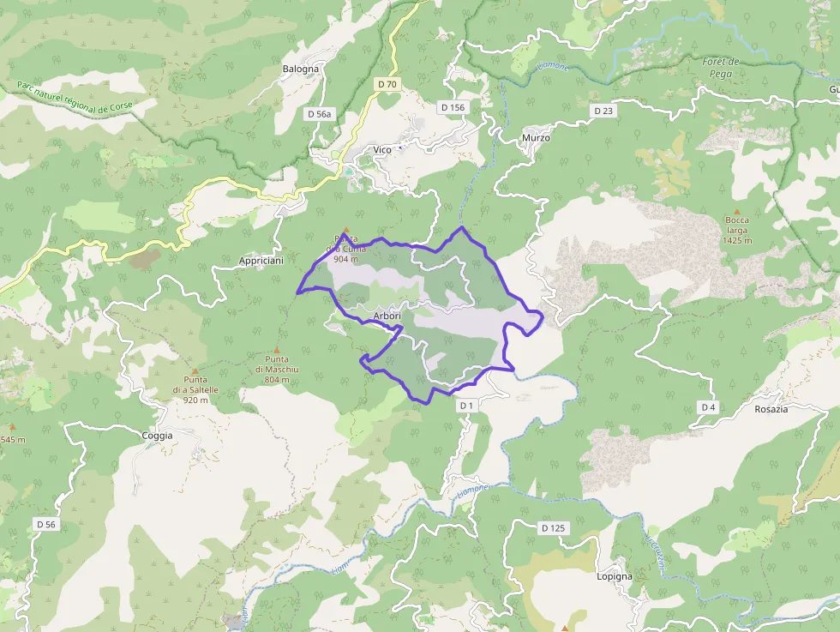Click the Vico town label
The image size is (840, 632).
[382, 150]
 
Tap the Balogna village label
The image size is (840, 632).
[301, 69]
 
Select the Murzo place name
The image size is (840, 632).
[536, 137]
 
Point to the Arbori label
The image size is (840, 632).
[387, 316]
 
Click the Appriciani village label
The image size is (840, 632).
[261, 261]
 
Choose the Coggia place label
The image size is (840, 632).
[157, 436]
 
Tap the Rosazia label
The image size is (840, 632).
[771, 409]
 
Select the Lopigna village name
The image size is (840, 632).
[615, 576]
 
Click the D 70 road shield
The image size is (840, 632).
[387, 84]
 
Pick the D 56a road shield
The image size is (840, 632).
[319, 113]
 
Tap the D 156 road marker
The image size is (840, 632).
[452, 107]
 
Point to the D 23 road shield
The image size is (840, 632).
[603, 111]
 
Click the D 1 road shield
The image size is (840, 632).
[466, 405]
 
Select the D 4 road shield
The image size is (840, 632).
[707, 406]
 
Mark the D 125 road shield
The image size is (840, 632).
[553, 527]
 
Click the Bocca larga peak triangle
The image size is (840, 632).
[736, 210]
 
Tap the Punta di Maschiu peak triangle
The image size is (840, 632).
[277, 349]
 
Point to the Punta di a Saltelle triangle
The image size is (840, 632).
[195, 370]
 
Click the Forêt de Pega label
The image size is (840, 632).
[720, 66]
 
